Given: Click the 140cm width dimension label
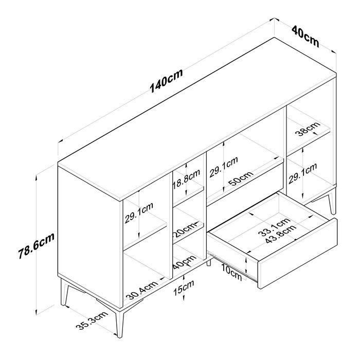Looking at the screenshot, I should point(166,82).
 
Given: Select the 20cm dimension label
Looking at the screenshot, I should point(185,227).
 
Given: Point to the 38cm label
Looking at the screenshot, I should point(308,130).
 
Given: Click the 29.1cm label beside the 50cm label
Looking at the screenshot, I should point(224,168).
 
